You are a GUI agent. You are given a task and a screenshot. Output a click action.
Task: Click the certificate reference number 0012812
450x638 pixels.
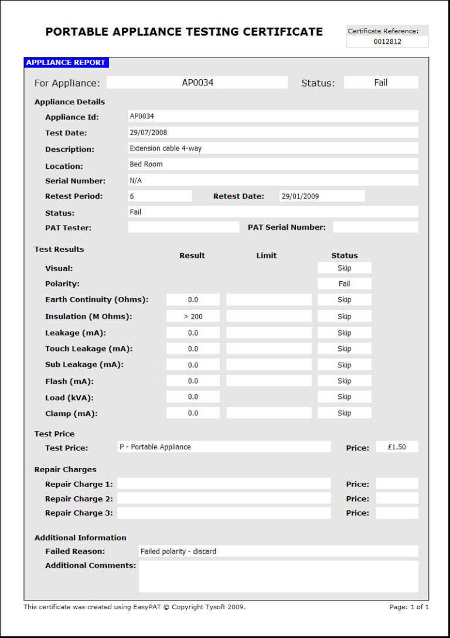pos(387,42)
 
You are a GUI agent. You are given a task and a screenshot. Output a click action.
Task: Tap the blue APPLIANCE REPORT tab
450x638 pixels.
pos(66,63)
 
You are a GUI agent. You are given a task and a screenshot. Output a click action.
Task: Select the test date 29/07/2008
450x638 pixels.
pos(148,132)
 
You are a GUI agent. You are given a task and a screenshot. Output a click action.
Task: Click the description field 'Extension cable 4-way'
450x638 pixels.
pos(165,148)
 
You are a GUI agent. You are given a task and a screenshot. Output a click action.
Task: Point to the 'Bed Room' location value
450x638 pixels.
pos(146,164)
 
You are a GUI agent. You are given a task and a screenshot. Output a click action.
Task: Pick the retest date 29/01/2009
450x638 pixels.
pos(300,196)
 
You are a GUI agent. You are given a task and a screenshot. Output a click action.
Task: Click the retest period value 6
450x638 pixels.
pos(132,196)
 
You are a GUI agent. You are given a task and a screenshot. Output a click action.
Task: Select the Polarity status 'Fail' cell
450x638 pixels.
pos(344,284)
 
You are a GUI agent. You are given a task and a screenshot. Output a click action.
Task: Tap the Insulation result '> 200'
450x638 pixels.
pos(193,316)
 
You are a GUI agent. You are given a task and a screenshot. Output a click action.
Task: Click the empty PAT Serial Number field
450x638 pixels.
pos(375,227)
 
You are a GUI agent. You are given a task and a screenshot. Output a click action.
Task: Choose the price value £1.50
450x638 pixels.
pos(397,447)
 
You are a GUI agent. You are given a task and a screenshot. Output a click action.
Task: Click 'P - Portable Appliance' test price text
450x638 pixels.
pos(155,447)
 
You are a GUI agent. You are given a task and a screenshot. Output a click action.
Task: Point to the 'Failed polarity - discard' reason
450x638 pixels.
pos(178,551)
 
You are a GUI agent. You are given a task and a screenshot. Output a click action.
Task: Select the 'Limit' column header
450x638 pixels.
pos(266,255)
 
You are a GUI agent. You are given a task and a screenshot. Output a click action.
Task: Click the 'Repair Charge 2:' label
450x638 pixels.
pos(79,499)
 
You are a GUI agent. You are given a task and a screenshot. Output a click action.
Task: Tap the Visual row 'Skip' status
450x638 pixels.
pos(344,268)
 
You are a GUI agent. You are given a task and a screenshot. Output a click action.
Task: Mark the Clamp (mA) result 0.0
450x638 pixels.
pos(193,413)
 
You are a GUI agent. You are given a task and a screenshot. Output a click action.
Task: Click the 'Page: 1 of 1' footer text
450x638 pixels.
pos(409,607)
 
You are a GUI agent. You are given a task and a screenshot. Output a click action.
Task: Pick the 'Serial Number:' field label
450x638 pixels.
pos(75,181)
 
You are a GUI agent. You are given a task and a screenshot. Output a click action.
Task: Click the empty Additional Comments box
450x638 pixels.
pos(278,576)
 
